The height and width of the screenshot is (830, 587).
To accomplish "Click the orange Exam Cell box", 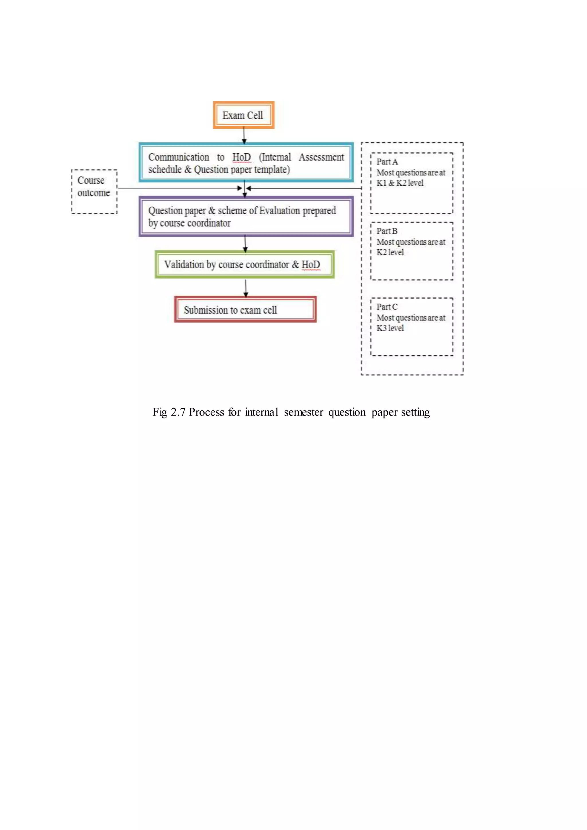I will coord(243,115).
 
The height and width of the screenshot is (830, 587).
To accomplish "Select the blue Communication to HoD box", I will coord(246,163).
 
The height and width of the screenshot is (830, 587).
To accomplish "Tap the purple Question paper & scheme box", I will coord(246,216).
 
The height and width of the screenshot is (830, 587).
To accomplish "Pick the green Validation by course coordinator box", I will coord(244,264).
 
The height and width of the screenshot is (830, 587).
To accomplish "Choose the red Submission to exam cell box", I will coord(245,310).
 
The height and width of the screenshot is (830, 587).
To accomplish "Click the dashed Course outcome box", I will coord(94,192).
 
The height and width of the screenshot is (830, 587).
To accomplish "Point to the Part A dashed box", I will coord(411,183).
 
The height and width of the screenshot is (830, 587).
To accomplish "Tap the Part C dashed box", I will coord(411,326).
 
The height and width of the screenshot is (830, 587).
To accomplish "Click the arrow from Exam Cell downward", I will coord(244,135).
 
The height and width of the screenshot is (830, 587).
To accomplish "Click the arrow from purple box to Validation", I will coord(245,243).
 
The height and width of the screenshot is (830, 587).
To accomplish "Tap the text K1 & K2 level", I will coord(400,183).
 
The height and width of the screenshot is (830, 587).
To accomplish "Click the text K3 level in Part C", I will coord(390,328).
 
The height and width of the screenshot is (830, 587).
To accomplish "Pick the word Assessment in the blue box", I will coord(321,157).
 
